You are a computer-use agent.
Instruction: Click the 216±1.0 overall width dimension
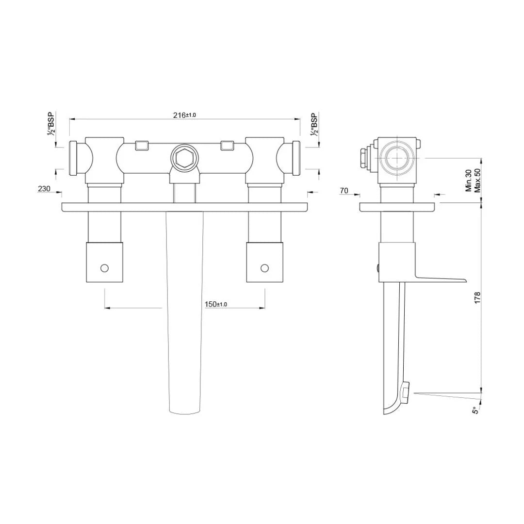click(x=184, y=115)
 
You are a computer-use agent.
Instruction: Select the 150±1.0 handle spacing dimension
click(x=216, y=304)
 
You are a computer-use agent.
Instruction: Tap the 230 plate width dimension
click(x=44, y=189)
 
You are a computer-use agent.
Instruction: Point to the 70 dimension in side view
click(x=344, y=191)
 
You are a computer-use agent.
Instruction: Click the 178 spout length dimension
click(x=477, y=297)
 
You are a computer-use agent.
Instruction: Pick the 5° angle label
click(x=476, y=410)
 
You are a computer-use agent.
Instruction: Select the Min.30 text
click(x=469, y=180)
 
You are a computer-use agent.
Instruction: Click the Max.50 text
click(x=477, y=180)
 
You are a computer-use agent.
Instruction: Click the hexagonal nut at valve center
click(x=183, y=158)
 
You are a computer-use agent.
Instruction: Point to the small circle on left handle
click(x=104, y=267)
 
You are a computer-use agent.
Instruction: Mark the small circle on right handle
click(x=264, y=267)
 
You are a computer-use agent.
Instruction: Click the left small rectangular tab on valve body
click(x=141, y=145)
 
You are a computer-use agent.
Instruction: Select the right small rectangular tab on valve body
click(x=227, y=145)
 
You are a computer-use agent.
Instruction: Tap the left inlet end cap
click(x=74, y=158)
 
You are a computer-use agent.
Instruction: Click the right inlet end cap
click(x=295, y=158)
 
